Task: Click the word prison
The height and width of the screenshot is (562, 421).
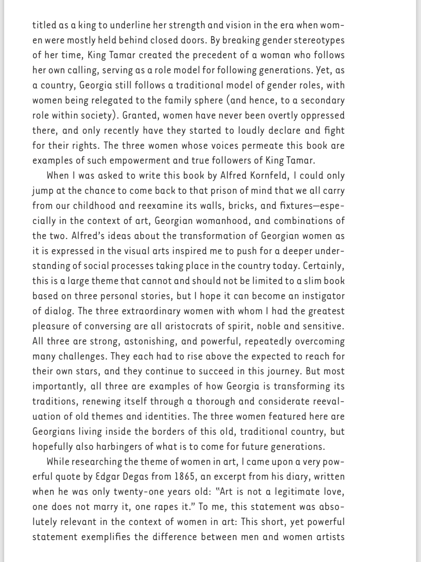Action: click(210, 191)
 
